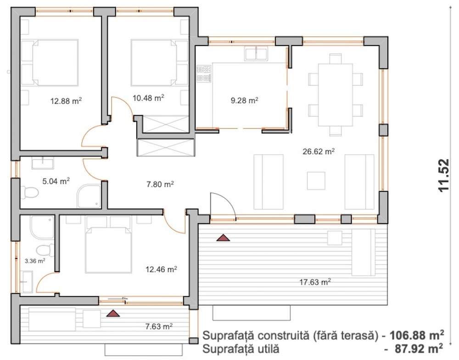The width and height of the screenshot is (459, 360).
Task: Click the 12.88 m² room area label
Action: pos(66,101)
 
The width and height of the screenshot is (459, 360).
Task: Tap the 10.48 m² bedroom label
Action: pos(148,97)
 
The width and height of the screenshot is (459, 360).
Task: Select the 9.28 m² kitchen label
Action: pos(245,100)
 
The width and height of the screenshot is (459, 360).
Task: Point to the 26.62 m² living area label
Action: pos(319,151)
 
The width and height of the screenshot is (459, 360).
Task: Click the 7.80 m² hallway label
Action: pos(160,184)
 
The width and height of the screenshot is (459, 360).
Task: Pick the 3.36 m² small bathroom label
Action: pos(35,261)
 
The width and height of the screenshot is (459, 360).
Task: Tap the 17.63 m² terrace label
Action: pos(315,282)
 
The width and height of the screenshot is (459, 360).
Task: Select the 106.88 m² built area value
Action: pos(416,335)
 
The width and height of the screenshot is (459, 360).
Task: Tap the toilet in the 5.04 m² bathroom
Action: pos(30,193)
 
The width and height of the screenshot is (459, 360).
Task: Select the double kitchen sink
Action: pos(256,54)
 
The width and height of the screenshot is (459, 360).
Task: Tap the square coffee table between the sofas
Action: pos(316,181)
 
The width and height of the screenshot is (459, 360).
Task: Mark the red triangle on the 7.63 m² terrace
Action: pos(113,314)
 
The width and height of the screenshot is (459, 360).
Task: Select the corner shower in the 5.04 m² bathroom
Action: pos(89,196)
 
